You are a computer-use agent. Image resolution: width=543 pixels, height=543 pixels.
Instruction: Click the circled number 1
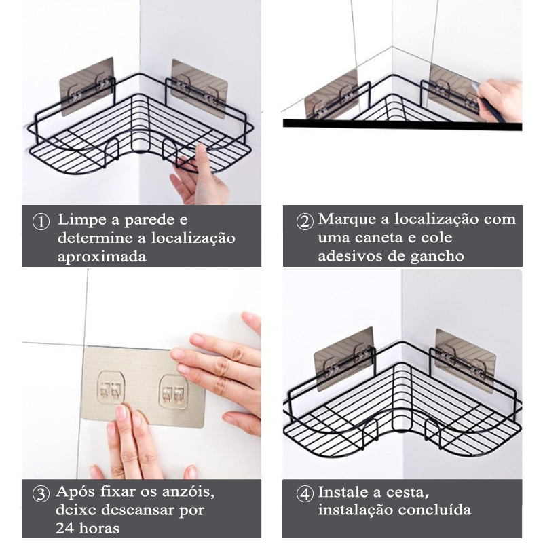(x=41, y=222)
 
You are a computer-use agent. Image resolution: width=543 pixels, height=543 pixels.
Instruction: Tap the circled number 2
(x=305, y=222)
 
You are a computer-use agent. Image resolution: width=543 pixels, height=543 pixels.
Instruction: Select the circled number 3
(x=41, y=494)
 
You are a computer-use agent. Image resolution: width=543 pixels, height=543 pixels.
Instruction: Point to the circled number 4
(x=305, y=494)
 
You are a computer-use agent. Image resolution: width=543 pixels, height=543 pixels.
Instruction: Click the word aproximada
(x=102, y=257)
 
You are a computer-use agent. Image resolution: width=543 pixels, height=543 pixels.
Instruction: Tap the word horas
(x=99, y=529)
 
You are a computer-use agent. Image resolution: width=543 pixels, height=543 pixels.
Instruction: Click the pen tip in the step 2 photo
(x=479, y=98)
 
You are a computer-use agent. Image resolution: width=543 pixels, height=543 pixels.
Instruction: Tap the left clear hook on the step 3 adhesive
(x=111, y=388)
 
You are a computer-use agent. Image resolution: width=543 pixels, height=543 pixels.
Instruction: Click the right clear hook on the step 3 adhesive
(x=173, y=392)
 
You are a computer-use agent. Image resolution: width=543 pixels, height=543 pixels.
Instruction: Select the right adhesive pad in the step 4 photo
(x=466, y=361)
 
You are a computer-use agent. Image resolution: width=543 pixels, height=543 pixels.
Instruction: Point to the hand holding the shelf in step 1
(x=200, y=176)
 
